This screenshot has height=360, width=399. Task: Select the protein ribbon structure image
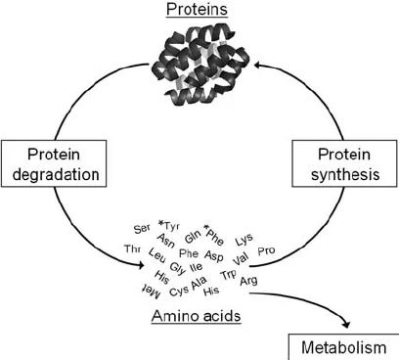(x=200, y=56)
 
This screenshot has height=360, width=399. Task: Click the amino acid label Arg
(x=248, y=282)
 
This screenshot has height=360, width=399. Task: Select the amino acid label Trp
(x=228, y=276)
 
